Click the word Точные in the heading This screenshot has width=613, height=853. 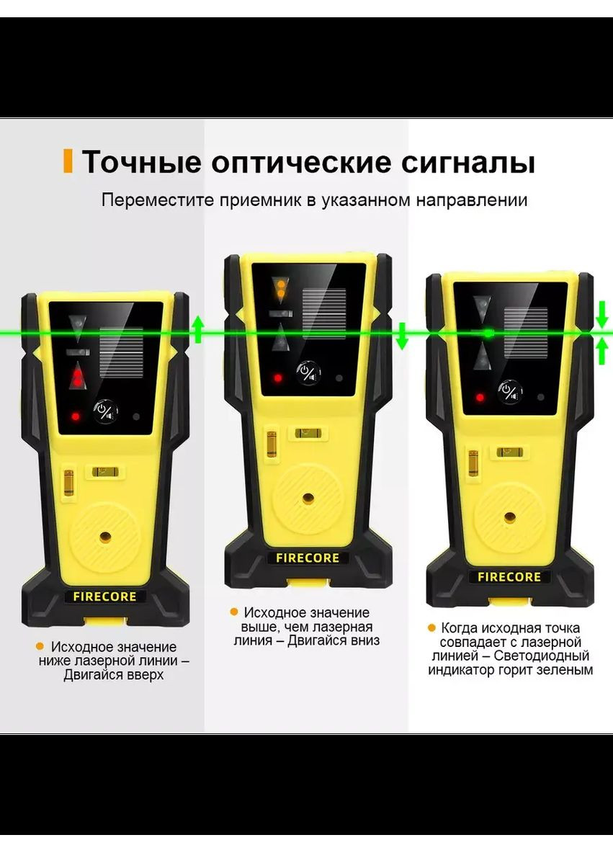(141, 162)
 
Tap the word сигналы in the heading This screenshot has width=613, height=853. (467, 162)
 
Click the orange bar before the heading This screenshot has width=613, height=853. (68, 161)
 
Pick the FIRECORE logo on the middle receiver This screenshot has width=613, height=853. (308, 558)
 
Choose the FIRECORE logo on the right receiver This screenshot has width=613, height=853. (509, 577)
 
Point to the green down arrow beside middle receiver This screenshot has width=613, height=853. (402, 336)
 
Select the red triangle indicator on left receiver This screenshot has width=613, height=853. (76, 377)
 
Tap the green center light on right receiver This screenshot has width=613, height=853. (488, 333)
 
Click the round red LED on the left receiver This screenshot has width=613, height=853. (75, 416)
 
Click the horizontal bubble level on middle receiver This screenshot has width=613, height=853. (306, 433)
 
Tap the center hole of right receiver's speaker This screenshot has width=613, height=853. (509, 517)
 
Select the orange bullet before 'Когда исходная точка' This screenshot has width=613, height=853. (431, 628)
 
